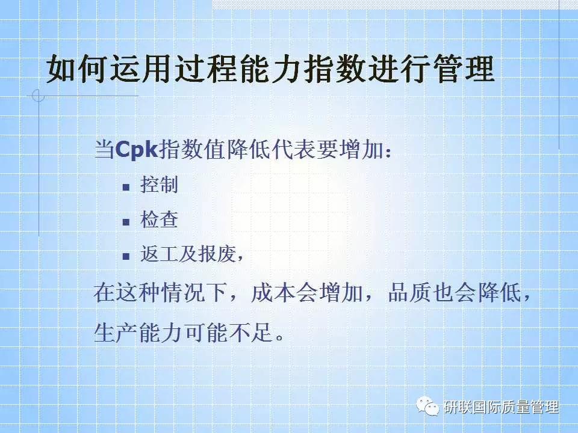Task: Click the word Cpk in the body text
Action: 135,149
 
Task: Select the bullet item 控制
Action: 159,185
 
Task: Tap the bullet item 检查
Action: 159,220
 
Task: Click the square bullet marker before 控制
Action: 126,186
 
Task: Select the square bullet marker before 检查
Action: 126,222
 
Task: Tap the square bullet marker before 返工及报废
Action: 126,257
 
